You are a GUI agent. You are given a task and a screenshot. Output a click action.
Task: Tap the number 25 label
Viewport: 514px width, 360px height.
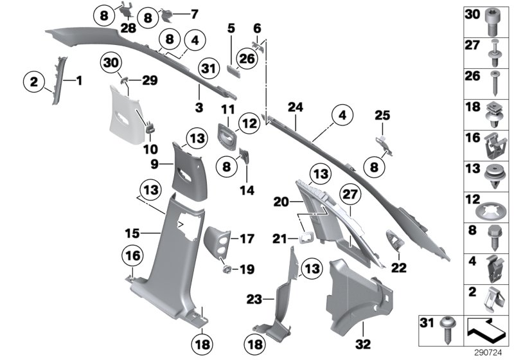[x=382, y=115]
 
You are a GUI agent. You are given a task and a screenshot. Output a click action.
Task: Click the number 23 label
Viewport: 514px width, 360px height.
[x=254, y=298]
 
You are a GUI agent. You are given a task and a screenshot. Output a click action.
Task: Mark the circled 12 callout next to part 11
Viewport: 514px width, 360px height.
[x=249, y=121]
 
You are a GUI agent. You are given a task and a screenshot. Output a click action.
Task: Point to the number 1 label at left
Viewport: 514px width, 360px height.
[x=79, y=81]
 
